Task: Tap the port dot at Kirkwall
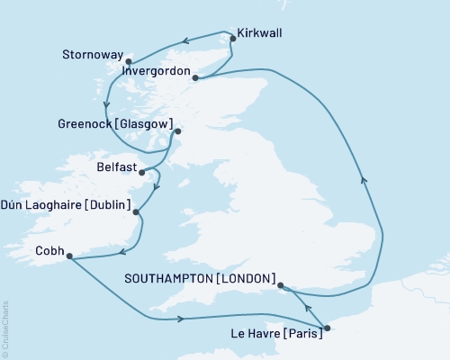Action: pos(232,38)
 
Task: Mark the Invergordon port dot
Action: pos(194,78)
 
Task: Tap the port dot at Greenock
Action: pos(176,132)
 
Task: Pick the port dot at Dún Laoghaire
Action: pos(136,212)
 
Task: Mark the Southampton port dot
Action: pos(281,287)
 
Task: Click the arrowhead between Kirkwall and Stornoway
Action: pos(184,40)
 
